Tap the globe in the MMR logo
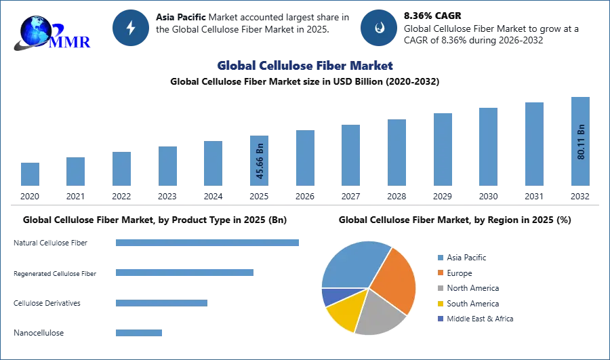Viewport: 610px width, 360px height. tap(35, 31)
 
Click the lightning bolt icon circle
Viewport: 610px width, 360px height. tap(131, 28)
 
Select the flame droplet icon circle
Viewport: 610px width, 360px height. tap(379, 28)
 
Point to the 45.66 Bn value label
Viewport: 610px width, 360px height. tap(260, 163)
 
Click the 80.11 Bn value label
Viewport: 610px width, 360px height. tap(580, 142)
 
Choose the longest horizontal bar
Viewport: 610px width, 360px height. tap(208, 243)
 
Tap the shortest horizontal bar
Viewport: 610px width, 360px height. tap(138, 332)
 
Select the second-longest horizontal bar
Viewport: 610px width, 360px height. tap(184, 272)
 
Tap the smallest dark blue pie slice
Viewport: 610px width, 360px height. tap(330, 296)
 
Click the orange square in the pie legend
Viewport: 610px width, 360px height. tap(439, 273)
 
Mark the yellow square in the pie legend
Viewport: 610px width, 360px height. tap(439, 304)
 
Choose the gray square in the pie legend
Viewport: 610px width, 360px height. tap(439, 288)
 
